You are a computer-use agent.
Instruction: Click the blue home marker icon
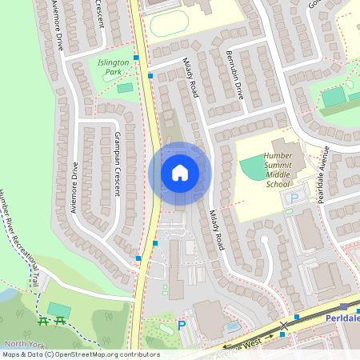(x=180, y=172)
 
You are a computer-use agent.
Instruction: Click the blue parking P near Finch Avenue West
(x=182, y=326)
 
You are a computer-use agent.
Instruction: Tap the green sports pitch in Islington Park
(x=125, y=87)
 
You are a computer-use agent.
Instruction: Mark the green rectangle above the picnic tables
(x=58, y=308)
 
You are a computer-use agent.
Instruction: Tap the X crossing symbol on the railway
(x=283, y=326)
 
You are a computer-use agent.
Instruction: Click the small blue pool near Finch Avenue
(x=232, y=326)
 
